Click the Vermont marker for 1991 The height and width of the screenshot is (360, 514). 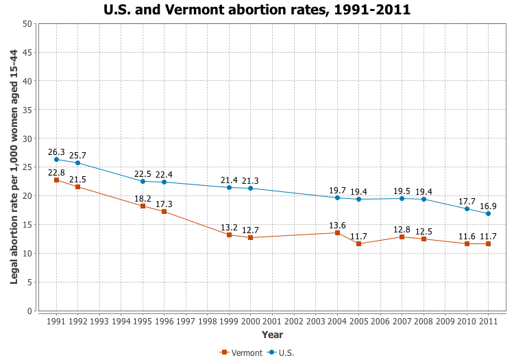56,180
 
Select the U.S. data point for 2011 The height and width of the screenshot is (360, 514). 488,213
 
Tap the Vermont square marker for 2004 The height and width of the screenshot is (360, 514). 337,232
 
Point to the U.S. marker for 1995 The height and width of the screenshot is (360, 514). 143,181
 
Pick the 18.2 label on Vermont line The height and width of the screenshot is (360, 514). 143,199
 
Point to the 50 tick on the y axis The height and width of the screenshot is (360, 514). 27,23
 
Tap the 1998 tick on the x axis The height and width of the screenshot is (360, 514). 208,321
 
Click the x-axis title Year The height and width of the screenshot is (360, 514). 272,335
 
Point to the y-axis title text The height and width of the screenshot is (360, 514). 14,167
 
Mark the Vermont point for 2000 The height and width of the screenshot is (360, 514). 251,238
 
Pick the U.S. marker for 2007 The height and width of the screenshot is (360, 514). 402,198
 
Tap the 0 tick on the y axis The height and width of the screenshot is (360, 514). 30,311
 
